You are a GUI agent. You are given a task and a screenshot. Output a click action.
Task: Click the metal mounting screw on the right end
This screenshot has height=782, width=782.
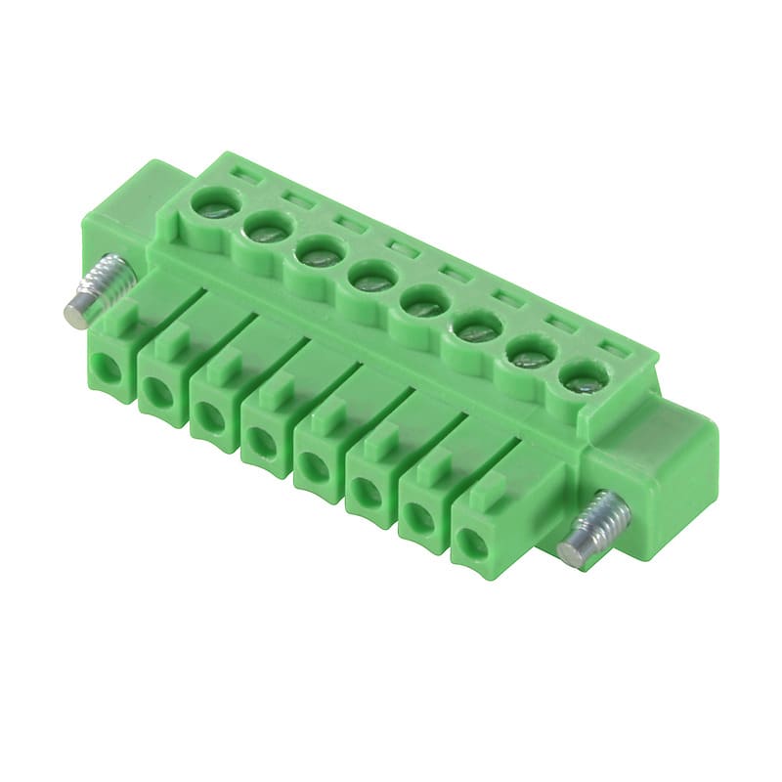(x=593, y=528)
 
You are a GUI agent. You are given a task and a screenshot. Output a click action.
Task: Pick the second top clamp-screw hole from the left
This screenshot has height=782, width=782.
(x=265, y=231)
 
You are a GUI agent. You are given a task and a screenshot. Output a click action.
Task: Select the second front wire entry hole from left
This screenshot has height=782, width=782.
(x=156, y=394)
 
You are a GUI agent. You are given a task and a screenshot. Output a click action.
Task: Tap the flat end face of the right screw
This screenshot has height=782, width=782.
(x=575, y=548)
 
